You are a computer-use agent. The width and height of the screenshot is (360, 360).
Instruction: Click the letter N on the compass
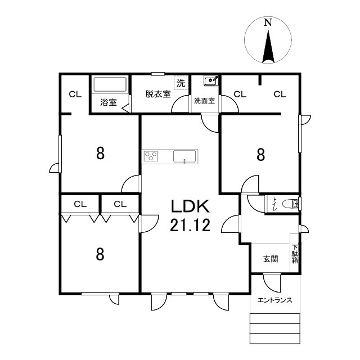(x=268, y=22)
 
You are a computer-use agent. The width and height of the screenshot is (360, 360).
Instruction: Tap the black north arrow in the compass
(x=268, y=47)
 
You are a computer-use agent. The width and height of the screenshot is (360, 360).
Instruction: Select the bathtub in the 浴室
(x=110, y=84)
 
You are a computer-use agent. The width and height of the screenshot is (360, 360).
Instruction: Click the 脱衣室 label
(x=158, y=94)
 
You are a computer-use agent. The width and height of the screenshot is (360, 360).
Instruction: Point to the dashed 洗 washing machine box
(x=181, y=83)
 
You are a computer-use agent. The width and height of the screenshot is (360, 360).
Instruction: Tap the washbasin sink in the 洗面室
(x=211, y=80)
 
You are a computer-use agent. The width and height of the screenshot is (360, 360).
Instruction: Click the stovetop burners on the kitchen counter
(x=151, y=156)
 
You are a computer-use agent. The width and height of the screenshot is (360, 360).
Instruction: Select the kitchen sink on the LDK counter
(x=184, y=156)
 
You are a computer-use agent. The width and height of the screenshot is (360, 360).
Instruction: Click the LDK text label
(x=190, y=206)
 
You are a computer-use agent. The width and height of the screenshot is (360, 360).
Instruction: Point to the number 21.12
(x=190, y=225)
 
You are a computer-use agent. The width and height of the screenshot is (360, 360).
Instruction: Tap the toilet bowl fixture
(x=290, y=204)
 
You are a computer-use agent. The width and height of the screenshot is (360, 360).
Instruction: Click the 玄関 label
(x=271, y=259)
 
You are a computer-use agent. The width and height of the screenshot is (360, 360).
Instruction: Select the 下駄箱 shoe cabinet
(x=294, y=253)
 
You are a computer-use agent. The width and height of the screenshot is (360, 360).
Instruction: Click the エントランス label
(x=275, y=300)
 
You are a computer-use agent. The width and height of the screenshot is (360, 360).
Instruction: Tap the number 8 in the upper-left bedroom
(x=100, y=154)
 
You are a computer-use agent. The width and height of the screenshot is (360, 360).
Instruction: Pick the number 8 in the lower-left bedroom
(x=100, y=254)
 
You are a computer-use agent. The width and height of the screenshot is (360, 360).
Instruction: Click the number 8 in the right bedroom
(x=260, y=155)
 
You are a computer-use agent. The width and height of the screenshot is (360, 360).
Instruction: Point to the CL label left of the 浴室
(x=75, y=94)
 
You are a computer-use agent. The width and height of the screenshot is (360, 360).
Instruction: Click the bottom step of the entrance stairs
(x=275, y=339)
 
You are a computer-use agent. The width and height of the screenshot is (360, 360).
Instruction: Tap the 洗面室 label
(x=204, y=101)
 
